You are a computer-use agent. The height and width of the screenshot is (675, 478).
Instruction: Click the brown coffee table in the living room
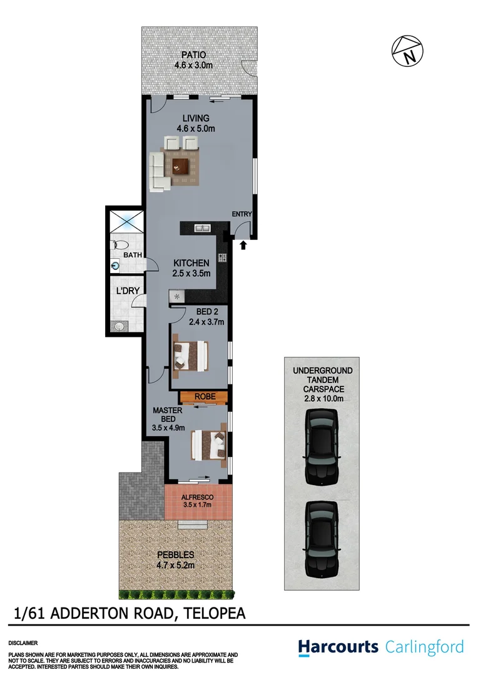181,165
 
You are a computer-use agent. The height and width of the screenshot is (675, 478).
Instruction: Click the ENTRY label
242,214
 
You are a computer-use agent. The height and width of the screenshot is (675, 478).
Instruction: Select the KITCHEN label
191,263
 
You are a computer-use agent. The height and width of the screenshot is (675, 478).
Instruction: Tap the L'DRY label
127,291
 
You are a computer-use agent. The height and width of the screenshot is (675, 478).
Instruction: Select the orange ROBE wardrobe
203,397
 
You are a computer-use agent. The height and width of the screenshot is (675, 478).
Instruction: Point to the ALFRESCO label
198,497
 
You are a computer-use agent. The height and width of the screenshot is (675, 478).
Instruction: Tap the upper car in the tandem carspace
321,444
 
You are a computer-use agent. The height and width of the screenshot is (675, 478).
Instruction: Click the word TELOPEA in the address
213,613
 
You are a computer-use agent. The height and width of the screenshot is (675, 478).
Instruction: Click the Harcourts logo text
338,646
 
